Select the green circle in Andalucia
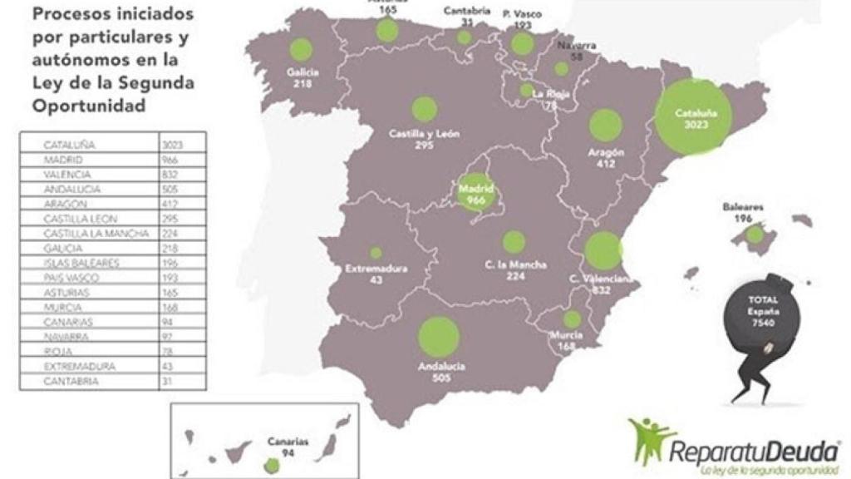click(x=439, y=338)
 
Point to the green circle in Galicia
click(x=300, y=50)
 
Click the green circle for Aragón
click(x=606, y=126)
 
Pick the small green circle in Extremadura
click(x=376, y=253)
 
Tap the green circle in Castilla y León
click(x=425, y=110)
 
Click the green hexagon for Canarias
click(x=270, y=467)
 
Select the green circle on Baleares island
click(x=754, y=235)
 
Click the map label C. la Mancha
click(x=515, y=265)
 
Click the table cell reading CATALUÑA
click(x=70, y=145)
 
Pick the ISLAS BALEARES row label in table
click(x=81, y=263)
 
